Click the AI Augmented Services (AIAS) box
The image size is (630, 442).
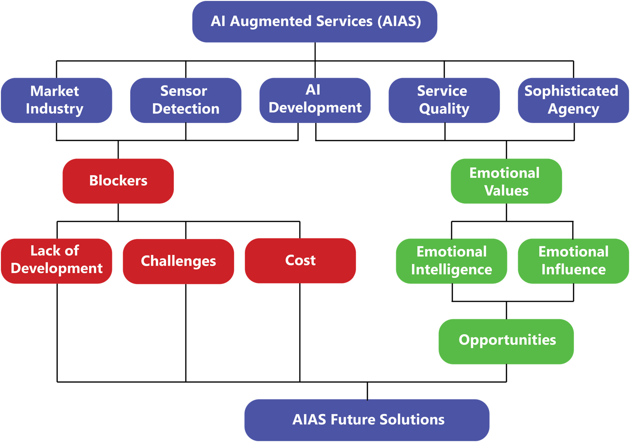pos(315,22)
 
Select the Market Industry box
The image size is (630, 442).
pos(57,100)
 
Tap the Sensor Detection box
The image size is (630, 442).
pos(186,100)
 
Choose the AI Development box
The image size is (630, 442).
pos(315,100)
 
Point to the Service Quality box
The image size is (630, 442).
pos(444,100)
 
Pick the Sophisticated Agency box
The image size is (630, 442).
pos(573,100)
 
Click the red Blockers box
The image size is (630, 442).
pos(118,181)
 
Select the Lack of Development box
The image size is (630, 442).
pos(57,261)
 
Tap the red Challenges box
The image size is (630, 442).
pos(179,261)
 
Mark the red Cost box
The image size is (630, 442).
pos(300,261)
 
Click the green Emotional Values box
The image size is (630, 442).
pos(506,181)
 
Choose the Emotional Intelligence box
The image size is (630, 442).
pos(451,261)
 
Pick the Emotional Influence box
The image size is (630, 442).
pos(573,261)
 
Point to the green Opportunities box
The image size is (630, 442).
pos(506,341)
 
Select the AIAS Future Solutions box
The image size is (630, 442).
pos(367,420)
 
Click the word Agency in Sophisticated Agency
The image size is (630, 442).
pos(573,109)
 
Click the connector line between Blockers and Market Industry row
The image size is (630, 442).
pos(118,149)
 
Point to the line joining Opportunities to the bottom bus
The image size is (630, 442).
pos(506,373)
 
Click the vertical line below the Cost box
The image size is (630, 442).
pos(300,333)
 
